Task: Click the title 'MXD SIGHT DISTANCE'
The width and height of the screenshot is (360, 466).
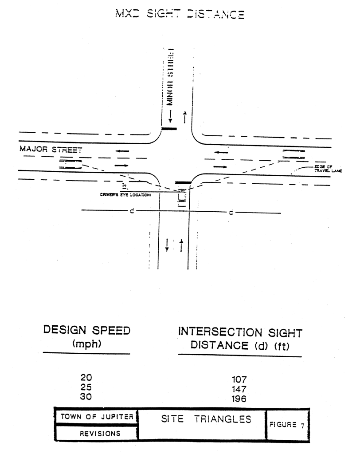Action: click(x=179, y=14)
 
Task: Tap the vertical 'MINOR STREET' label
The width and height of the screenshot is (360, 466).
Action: click(x=169, y=76)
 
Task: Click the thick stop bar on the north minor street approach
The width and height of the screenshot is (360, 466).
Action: click(x=169, y=129)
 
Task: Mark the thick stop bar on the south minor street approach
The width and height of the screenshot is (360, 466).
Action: click(x=183, y=182)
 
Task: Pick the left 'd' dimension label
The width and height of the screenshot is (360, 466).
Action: click(x=132, y=211)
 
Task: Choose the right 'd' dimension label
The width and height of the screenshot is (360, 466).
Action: click(x=231, y=213)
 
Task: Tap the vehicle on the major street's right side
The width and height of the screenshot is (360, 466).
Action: click(x=294, y=154)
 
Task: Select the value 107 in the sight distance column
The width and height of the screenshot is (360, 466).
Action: click(x=239, y=380)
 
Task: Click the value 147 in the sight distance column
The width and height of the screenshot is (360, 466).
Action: click(x=239, y=389)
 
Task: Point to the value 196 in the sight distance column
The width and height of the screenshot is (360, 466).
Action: click(x=239, y=399)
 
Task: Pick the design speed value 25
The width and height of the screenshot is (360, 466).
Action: click(x=86, y=387)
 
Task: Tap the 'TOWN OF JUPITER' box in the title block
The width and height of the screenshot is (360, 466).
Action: click(x=97, y=417)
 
